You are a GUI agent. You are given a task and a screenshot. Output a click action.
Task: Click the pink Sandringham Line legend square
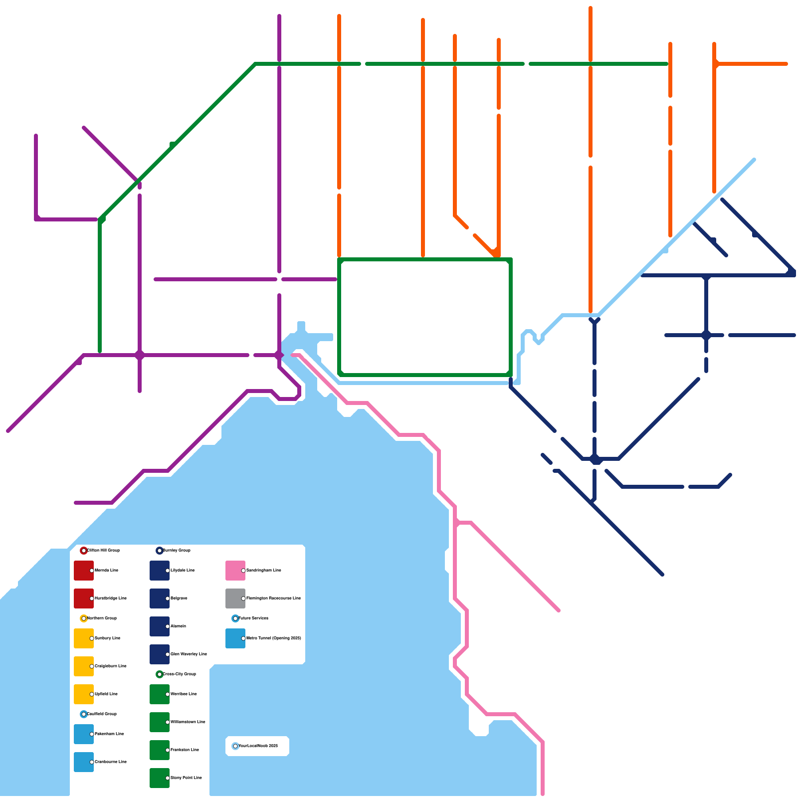tap(235, 571)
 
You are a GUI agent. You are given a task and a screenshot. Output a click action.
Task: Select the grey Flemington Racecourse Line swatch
tap(235, 598)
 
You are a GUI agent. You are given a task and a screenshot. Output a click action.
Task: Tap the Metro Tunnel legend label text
tap(274, 638)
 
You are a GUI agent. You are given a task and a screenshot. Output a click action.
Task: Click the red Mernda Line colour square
tap(83, 571)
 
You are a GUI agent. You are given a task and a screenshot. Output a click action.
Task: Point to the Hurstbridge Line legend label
tap(111, 598)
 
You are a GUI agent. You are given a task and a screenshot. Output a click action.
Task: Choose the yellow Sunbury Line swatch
tap(83, 638)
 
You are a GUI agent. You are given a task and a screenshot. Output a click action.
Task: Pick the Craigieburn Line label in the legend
tap(111, 666)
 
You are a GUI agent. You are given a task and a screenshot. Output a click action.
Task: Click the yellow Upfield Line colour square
tap(83, 694)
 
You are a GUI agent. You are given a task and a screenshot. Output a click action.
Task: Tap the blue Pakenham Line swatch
tap(83, 734)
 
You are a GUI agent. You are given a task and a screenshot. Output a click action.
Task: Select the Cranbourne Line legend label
tap(111, 762)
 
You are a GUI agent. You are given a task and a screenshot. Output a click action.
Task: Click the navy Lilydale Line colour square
tap(159, 571)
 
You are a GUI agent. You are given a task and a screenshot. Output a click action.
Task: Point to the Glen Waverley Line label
tap(189, 654)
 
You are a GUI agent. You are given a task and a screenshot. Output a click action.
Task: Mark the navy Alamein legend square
tap(159, 626)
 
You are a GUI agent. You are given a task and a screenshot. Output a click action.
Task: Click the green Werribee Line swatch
tap(159, 694)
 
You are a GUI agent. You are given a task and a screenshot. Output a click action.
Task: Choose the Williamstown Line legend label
tap(188, 722)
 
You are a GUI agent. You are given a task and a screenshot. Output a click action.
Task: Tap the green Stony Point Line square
tap(159, 778)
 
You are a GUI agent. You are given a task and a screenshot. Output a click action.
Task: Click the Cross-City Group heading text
tap(180, 674)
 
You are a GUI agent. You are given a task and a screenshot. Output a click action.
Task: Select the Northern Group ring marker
tap(84, 618)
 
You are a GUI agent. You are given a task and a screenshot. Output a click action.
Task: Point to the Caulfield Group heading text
tap(102, 714)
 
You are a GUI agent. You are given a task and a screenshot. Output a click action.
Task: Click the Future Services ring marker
tap(235, 618)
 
